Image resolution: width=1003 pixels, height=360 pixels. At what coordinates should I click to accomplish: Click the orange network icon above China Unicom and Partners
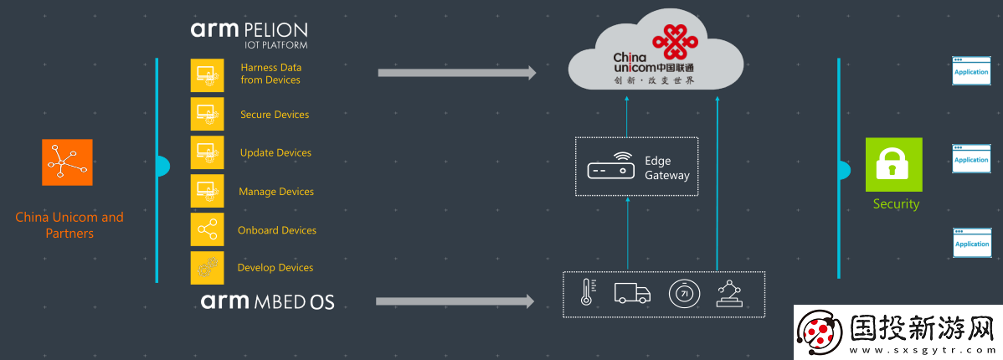(67, 162)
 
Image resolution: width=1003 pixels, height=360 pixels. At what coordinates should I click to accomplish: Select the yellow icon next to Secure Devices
(207, 114)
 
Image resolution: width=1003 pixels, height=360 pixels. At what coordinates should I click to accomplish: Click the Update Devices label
(275, 153)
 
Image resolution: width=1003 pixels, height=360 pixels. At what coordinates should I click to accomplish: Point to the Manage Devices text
(276, 192)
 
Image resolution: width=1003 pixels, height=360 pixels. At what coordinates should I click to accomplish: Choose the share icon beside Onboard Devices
(207, 229)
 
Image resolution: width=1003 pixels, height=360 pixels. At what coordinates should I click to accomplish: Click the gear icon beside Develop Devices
(207, 268)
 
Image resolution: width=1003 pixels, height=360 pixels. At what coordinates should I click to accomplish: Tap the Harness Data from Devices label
(270, 74)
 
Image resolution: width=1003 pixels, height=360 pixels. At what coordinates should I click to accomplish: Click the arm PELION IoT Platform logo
(249, 34)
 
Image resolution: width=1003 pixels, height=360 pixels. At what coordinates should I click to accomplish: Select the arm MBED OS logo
(267, 301)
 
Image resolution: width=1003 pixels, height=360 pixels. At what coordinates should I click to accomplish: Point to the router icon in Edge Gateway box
(610, 167)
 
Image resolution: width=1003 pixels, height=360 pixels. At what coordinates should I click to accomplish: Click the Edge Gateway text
(666, 168)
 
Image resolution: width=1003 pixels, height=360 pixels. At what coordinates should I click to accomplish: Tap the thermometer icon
(586, 293)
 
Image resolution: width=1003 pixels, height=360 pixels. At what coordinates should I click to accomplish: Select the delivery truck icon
(632, 293)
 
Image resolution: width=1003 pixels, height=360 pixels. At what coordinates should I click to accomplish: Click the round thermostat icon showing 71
(683, 294)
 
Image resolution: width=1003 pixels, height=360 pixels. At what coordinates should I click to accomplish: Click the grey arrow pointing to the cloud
(456, 73)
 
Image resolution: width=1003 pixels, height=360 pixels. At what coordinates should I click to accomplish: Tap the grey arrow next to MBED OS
(455, 301)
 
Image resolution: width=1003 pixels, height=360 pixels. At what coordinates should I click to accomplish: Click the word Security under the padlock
(896, 204)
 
